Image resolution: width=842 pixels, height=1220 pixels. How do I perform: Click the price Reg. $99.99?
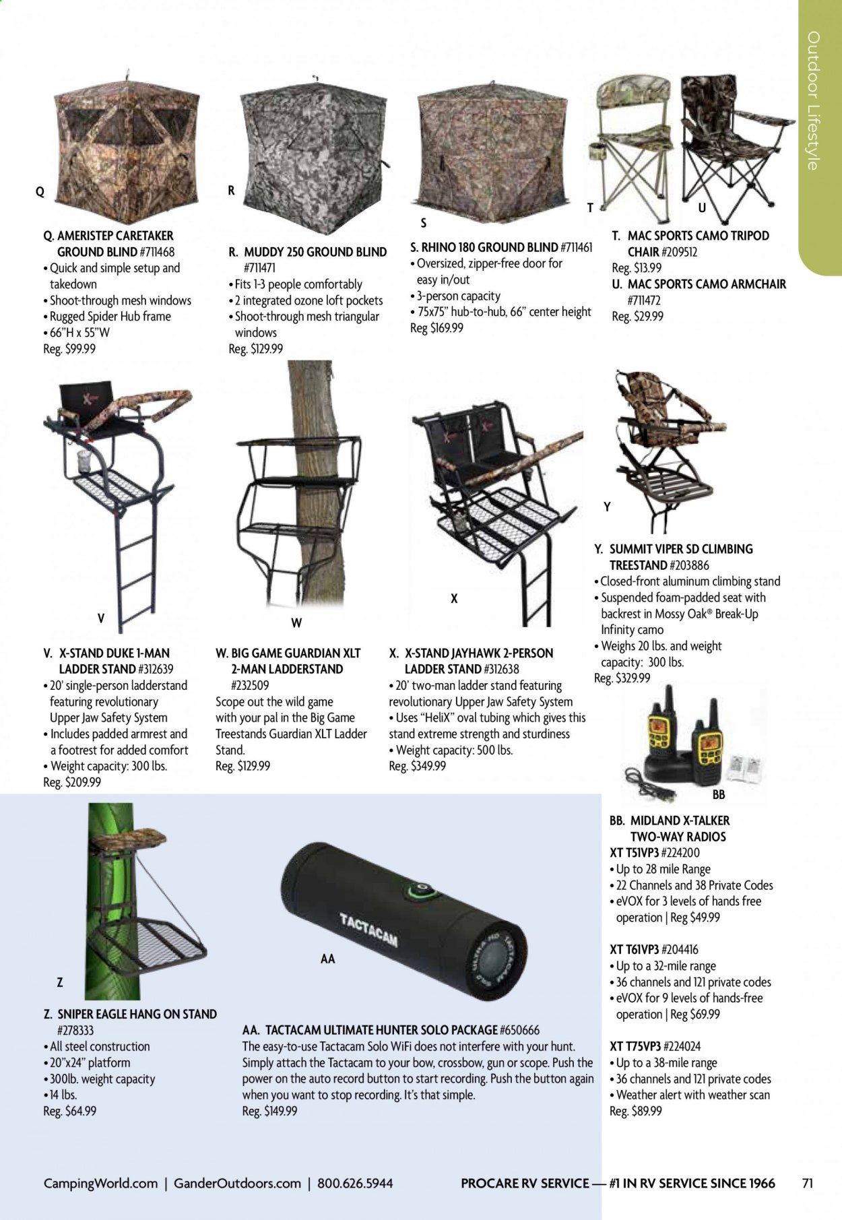[70, 349]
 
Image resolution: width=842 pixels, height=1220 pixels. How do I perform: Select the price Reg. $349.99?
[417, 766]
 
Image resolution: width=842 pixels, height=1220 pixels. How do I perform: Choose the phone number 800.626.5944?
[355, 1183]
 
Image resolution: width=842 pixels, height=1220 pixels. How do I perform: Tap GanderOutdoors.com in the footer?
[237, 1183]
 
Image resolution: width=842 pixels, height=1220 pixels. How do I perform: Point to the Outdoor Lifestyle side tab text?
[814, 100]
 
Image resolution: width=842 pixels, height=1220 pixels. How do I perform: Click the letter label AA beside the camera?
[327, 958]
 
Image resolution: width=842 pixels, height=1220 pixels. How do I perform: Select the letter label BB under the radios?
[718, 795]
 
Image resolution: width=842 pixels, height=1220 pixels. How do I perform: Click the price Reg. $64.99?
[69, 1111]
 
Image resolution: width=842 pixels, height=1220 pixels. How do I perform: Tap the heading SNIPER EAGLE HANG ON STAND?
[130, 1014]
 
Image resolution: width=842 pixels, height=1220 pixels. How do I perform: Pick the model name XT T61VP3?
[634, 950]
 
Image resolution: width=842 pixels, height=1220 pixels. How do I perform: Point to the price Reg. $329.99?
[622, 678]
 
